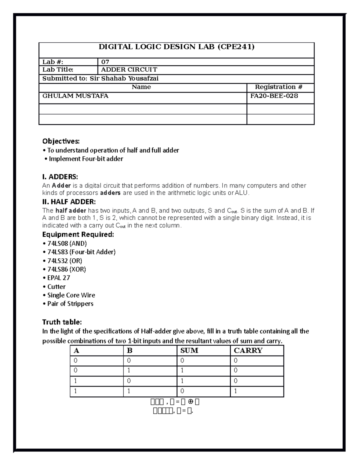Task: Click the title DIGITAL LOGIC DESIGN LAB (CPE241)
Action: [x=176, y=47]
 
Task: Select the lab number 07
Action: [x=105, y=62]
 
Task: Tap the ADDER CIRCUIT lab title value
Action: [x=129, y=70]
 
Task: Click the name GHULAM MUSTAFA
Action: [x=75, y=96]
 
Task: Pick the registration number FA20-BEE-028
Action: [x=274, y=96]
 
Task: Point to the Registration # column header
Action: [x=278, y=87]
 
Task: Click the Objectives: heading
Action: [x=61, y=141]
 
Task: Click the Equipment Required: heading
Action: [x=78, y=234]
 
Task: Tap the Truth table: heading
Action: [x=62, y=322]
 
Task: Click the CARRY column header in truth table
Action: [x=248, y=350]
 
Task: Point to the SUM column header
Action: [x=189, y=350]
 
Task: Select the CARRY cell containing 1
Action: [x=235, y=391]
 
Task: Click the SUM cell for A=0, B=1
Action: [x=182, y=370]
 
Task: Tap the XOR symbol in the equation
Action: [x=190, y=402]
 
